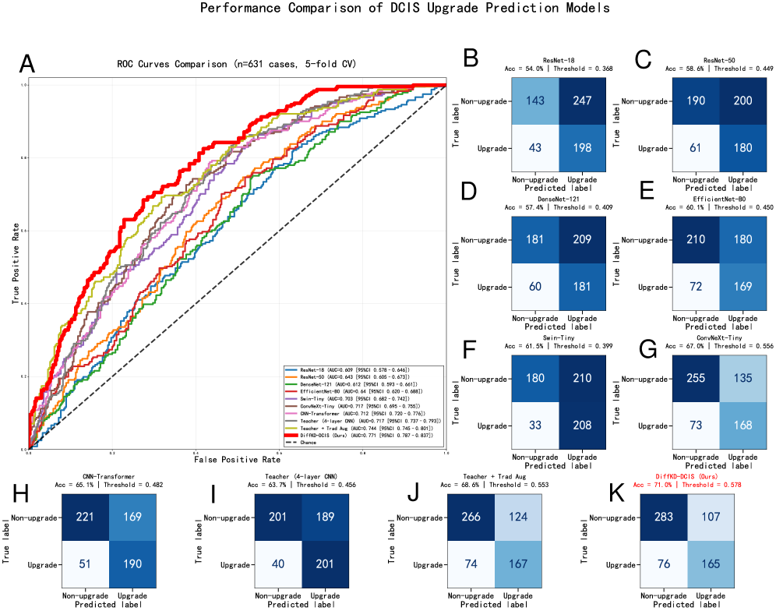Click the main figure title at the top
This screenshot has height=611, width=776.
(x=405, y=9)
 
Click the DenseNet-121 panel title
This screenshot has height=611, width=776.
(x=559, y=200)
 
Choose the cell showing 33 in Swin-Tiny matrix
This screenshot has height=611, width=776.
(x=536, y=426)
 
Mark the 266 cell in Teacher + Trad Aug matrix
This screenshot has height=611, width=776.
(x=470, y=518)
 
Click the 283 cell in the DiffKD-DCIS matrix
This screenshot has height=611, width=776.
(x=663, y=518)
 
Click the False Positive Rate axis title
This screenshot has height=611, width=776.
(x=237, y=461)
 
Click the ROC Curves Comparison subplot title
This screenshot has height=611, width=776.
(x=237, y=63)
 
